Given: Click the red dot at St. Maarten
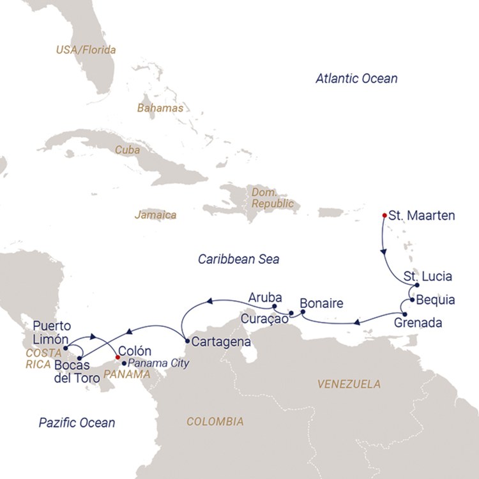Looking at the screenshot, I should tap(384, 215).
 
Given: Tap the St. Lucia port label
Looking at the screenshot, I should tap(428, 277).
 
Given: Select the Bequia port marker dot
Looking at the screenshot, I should tap(413, 299).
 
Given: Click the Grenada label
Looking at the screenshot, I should tap(417, 323).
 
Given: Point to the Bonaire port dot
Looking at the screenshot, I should tap(303, 312).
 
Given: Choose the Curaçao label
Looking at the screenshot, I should tap(264, 317).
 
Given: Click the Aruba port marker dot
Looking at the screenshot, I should tap(275, 307).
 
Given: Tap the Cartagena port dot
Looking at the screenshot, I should tap(186, 340).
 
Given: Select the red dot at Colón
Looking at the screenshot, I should tap(118, 358).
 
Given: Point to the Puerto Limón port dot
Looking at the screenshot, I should tap(66, 348).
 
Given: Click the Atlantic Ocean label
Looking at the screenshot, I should tap(357, 79).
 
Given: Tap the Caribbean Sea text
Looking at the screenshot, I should tap(239, 259).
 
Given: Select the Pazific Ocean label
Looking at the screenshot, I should tap(77, 422).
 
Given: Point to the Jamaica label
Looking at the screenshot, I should tap(155, 215).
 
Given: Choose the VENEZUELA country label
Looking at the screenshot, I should tap(349, 384).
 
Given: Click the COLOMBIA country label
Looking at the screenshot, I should tap(215, 422).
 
